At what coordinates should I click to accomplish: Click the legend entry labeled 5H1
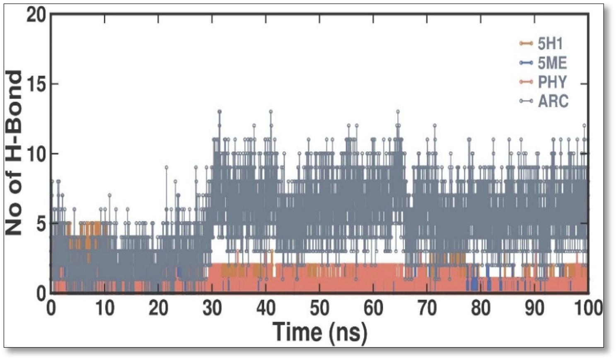(x=550, y=43)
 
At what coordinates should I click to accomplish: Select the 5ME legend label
(x=552, y=63)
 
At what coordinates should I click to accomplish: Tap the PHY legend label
(x=552, y=82)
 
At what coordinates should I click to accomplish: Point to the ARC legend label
(x=553, y=101)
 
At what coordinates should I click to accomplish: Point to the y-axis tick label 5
(x=41, y=224)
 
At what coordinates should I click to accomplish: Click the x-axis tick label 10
(x=104, y=309)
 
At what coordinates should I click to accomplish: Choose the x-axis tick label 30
(x=212, y=309)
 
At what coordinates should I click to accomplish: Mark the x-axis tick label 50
(x=319, y=309)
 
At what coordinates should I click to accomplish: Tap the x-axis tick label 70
(x=427, y=309)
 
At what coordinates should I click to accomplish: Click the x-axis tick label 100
(x=588, y=309)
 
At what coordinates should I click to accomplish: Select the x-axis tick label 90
(x=534, y=309)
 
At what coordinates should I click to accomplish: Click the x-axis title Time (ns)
(x=320, y=332)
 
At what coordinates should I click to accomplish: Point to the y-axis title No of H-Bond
(x=14, y=153)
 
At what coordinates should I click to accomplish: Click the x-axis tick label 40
(x=266, y=309)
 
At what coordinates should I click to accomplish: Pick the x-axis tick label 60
(x=373, y=309)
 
